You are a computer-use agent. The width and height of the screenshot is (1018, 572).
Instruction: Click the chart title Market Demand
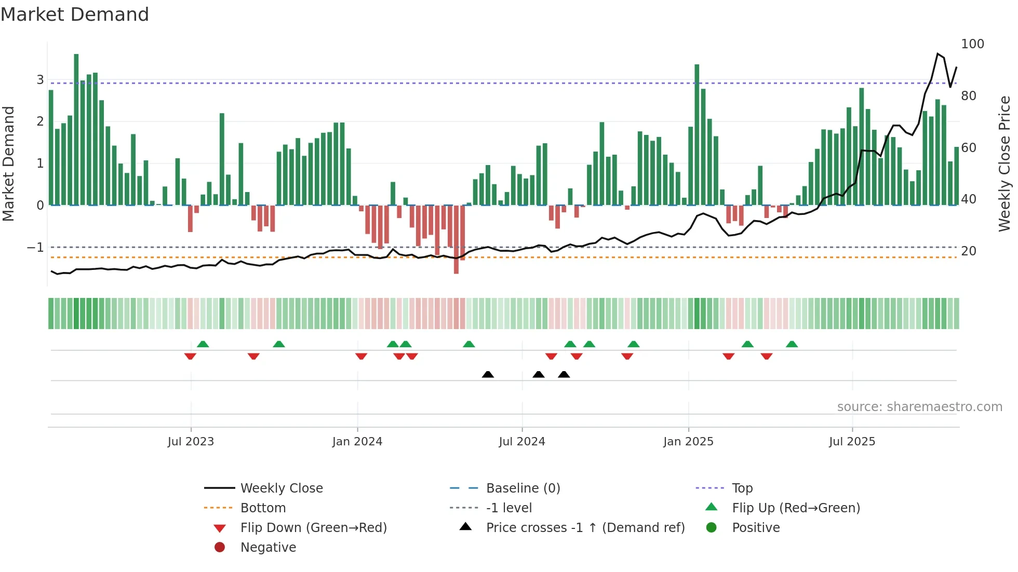(75, 15)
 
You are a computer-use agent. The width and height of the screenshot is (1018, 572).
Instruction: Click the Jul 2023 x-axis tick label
(191, 442)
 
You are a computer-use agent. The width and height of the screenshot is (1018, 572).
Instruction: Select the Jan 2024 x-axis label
(357, 442)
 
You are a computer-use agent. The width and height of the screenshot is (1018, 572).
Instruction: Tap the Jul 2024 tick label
(522, 442)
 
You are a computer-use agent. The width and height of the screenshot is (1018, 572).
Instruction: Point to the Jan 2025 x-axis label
(688, 442)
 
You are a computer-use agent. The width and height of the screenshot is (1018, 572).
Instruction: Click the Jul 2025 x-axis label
(852, 442)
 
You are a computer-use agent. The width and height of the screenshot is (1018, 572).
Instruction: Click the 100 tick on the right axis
(972, 44)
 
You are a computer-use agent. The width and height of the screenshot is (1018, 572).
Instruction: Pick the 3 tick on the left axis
(40, 80)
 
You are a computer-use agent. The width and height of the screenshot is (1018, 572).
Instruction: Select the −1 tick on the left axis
(35, 248)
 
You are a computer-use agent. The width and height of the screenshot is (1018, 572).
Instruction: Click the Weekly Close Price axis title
(1004, 164)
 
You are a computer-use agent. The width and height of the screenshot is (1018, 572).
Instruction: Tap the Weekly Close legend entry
(281, 488)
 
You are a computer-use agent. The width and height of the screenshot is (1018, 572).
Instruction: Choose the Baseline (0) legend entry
(523, 488)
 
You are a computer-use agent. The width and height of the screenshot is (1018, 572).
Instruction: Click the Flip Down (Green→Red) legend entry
(313, 528)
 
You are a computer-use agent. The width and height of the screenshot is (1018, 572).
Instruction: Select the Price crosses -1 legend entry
(585, 528)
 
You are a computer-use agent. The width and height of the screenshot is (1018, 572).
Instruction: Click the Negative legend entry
(268, 548)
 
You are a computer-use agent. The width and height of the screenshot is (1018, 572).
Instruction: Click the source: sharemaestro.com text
(919, 407)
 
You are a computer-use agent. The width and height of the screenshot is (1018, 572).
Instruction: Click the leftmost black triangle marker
(488, 374)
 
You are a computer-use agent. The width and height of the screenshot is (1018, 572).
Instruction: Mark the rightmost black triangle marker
(564, 374)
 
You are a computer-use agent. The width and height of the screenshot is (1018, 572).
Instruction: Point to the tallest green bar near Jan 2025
(697, 135)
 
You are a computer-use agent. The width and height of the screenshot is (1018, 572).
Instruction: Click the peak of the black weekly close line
(937, 53)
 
